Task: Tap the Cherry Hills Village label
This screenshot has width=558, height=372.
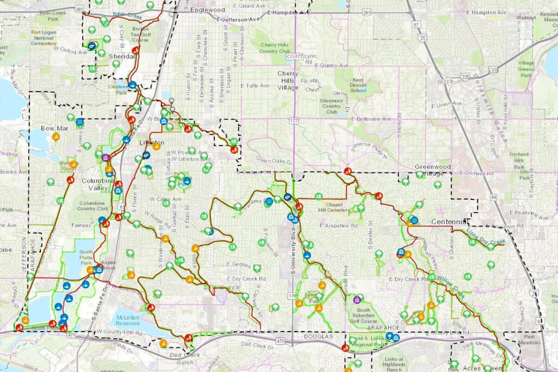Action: [x=288, y=80]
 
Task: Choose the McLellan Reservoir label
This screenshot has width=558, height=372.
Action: [x=131, y=320]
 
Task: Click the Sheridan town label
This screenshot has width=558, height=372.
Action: [x=121, y=56]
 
